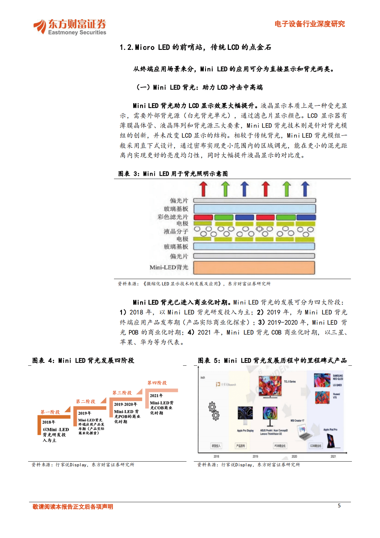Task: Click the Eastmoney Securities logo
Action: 70,27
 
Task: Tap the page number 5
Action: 339,505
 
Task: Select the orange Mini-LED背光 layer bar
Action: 254,268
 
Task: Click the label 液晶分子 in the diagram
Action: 176,231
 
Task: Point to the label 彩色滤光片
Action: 173,217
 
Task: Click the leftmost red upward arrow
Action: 203,189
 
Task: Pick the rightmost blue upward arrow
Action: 305,189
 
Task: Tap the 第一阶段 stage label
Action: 50,412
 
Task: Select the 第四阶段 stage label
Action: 157,383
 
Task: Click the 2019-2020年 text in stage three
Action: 125,404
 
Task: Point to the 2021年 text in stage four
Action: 156,395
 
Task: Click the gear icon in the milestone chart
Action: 214,411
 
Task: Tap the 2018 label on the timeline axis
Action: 216,456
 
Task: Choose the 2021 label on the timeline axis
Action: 333,456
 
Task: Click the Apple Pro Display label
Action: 245,431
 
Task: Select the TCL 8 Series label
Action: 290,382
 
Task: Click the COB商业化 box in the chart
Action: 315,446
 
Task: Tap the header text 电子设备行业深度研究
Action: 309,24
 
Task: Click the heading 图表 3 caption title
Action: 173,174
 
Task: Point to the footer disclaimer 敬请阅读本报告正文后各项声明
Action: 73,507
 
